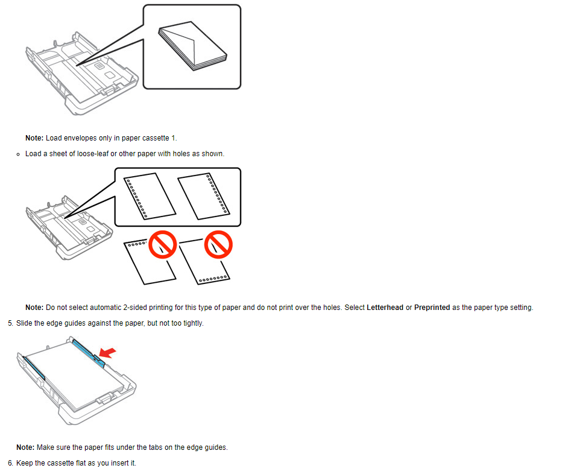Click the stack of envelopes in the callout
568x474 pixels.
pos(192,45)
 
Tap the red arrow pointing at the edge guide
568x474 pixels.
pos(107,352)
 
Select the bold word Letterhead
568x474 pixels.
pos(385,308)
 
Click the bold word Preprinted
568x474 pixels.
pos(432,308)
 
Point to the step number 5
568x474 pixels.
pos(10,323)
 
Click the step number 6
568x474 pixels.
pos(10,463)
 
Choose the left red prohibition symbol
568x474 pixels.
pos(163,245)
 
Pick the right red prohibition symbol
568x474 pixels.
pos(218,245)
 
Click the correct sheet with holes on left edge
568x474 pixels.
pos(150,196)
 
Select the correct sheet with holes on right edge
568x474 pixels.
pos(204,196)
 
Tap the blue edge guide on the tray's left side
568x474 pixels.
pos(34,368)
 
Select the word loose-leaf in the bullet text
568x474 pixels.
pos(93,154)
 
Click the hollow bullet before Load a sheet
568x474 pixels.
pos(18,154)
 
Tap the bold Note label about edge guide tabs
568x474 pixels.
pos(25,447)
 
